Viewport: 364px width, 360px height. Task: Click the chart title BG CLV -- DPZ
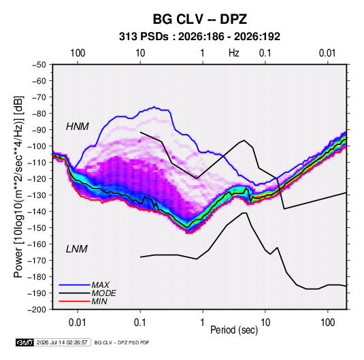(199, 19)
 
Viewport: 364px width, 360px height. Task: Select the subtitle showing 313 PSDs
(199, 37)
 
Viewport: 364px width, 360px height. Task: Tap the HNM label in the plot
(78, 127)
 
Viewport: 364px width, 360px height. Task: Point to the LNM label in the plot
(77, 249)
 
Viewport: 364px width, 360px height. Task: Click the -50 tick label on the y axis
(39, 65)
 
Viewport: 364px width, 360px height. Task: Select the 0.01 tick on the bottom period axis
(78, 323)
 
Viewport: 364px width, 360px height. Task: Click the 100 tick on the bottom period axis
(327, 323)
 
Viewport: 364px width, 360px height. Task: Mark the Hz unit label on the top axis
(234, 53)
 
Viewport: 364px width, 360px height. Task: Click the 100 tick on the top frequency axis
(78, 53)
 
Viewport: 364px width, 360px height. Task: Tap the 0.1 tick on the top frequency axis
(265, 53)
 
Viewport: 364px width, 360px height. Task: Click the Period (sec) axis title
(234, 330)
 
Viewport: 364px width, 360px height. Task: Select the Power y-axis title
(18, 187)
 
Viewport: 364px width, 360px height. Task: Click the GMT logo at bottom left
(25, 342)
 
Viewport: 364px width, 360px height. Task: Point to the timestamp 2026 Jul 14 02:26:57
(62, 342)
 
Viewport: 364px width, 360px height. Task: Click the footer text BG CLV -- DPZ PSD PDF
(122, 342)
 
